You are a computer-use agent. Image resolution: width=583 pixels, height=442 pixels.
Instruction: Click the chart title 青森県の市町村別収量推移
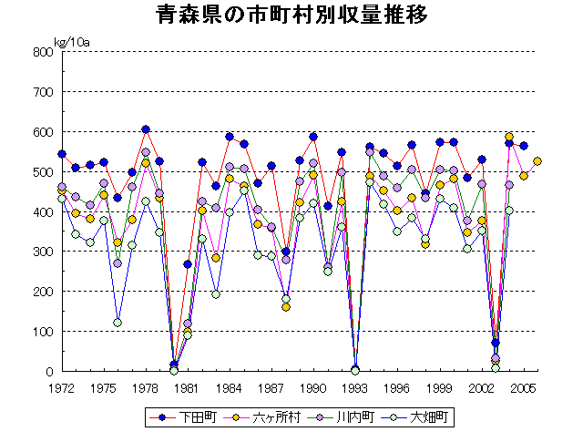pyautogui.click(x=291, y=16)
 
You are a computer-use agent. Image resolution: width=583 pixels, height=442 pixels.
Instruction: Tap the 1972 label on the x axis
pyautogui.click(x=61, y=387)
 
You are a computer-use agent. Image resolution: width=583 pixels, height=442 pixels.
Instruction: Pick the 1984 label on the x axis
pyautogui.click(x=230, y=387)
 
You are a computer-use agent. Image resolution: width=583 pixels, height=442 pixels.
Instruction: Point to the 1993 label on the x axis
pyautogui.click(x=355, y=387)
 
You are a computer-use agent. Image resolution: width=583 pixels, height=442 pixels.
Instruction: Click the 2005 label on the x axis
pyautogui.click(x=523, y=387)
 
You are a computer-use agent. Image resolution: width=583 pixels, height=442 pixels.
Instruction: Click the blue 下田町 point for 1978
pyautogui.click(x=146, y=129)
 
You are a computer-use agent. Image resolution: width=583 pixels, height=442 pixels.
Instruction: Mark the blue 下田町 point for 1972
pyautogui.click(x=62, y=154)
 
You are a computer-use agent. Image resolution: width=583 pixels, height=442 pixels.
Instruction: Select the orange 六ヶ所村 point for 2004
pyautogui.click(x=509, y=137)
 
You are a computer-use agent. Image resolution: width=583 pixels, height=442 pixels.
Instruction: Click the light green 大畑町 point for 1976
pyautogui.click(x=118, y=323)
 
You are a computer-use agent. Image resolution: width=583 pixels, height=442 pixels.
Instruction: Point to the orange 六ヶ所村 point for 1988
pyautogui.click(x=286, y=307)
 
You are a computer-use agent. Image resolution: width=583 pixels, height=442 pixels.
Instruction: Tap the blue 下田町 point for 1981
pyautogui.click(x=188, y=264)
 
